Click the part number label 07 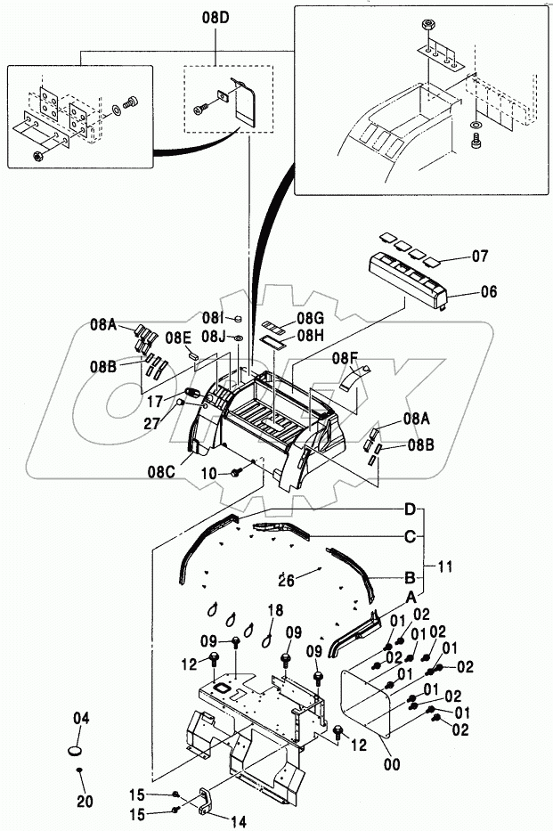480,257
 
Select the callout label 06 489,291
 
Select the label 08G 310,318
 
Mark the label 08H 310,336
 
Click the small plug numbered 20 78,770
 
